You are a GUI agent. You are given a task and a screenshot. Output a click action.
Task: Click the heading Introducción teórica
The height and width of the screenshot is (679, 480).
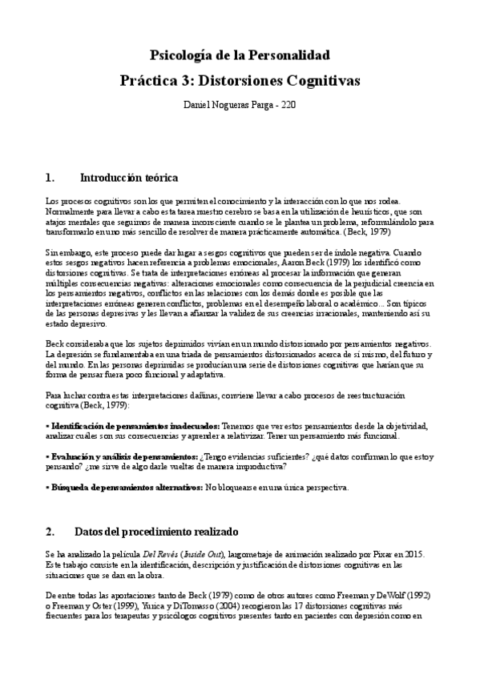tap(129, 176)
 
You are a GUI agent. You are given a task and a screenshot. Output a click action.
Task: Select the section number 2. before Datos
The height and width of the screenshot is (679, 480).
tap(50, 532)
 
